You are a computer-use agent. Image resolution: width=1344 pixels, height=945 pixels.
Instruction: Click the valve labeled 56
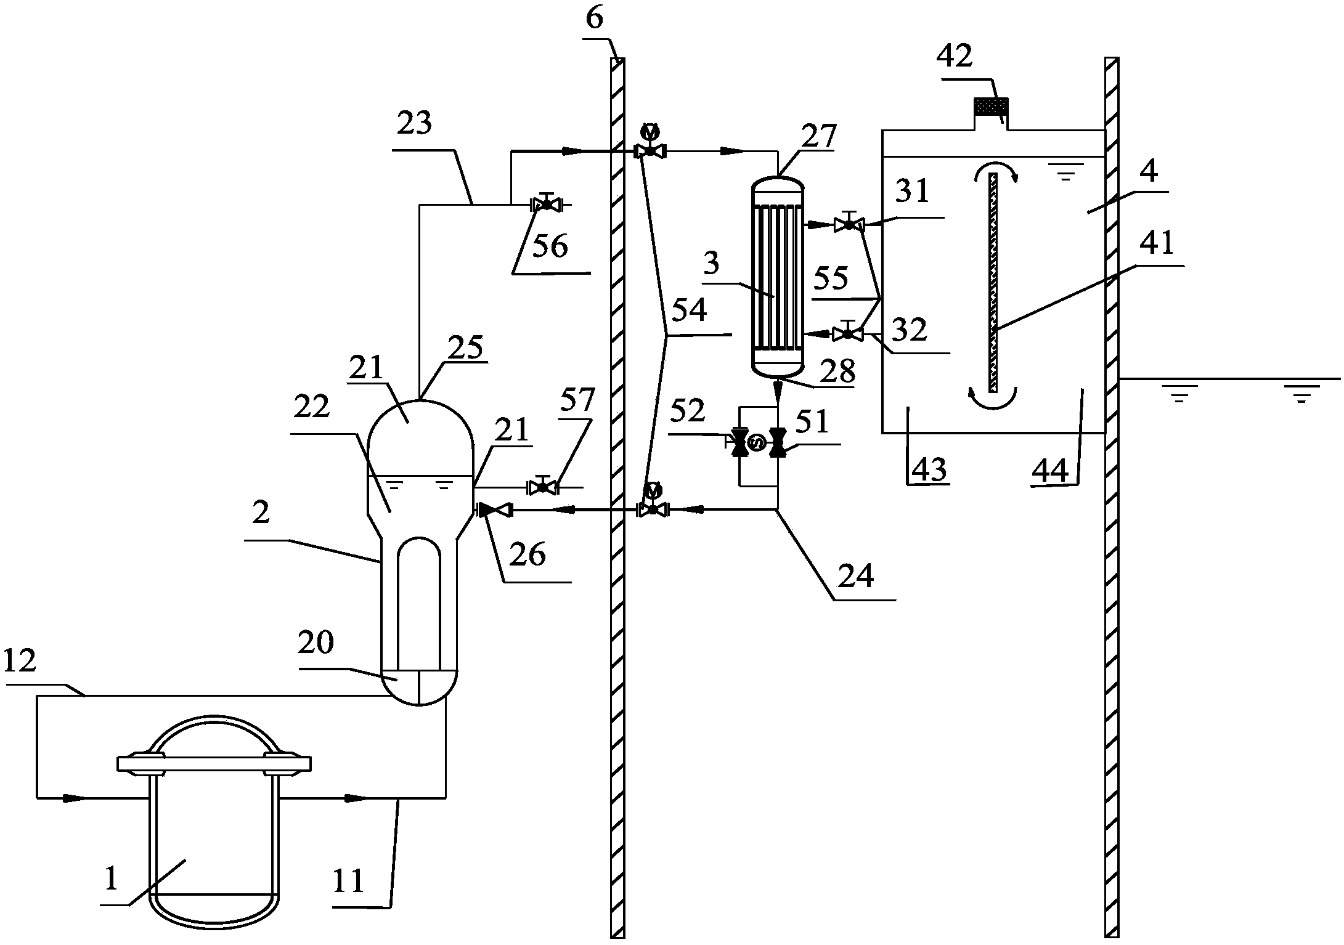[x=546, y=204]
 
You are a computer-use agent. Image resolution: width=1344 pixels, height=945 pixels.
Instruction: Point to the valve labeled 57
[x=543, y=487]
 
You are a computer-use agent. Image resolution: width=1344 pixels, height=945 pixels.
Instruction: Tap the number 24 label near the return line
[x=857, y=576]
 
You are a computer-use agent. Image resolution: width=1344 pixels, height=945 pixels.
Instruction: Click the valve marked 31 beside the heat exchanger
[x=849, y=225]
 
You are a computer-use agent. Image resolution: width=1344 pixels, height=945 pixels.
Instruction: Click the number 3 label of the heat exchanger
[x=711, y=264]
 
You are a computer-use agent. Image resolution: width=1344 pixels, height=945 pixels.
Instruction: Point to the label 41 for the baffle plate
[x=1157, y=244]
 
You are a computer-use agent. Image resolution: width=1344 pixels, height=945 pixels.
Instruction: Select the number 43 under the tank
[x=929, y=470]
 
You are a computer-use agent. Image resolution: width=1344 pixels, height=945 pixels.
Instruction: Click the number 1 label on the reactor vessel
[x=111, y=879]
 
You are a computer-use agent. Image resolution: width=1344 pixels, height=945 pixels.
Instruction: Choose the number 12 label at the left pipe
[x=20, y=662]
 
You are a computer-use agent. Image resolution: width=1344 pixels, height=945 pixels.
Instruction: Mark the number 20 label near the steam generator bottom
[x=316, y=643]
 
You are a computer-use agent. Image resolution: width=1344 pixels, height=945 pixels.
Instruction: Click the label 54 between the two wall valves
[x=689, y=311]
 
